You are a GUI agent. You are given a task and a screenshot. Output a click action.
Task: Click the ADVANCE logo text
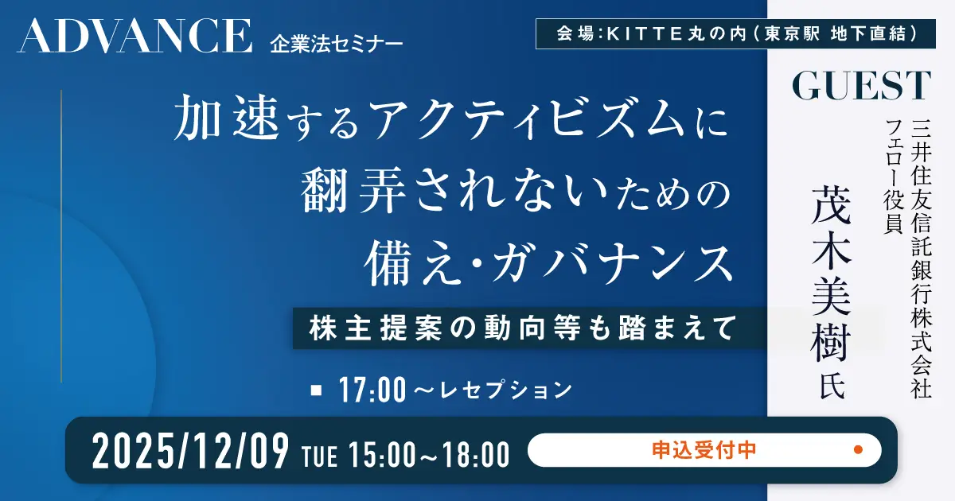coord(134,36)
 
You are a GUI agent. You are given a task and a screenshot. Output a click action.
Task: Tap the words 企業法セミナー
coord(337,45)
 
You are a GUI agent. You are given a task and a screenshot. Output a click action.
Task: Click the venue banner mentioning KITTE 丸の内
coord(735,33)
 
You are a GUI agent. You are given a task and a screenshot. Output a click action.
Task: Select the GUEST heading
coord(861,85)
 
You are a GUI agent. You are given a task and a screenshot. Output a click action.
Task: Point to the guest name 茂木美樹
coord(831,274)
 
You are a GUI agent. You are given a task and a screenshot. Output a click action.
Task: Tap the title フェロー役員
coord(893,177)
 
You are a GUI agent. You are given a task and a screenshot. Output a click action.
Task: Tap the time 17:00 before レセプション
coord(372,390)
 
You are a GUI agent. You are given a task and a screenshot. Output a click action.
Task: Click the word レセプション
coord(506,390)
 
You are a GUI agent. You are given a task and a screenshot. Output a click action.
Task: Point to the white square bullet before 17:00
coord(316,390)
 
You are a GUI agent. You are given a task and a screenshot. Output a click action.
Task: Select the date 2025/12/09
coord(190,452)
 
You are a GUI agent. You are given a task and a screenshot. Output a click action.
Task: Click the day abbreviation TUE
coord(320,456)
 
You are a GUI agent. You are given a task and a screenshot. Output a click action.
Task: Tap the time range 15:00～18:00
coord(429,455)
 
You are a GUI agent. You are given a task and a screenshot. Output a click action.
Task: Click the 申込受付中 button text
coord(704,450)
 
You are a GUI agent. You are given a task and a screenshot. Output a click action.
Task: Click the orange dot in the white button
coord(858,450)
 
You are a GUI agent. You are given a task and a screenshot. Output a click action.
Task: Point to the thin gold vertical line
coord(61,236)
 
